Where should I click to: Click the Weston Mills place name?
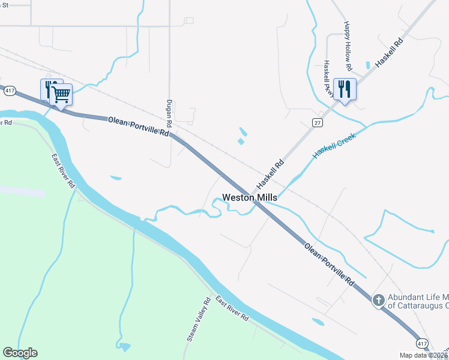[250, 197]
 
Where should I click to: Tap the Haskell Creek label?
[334, 146]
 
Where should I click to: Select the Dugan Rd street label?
[169, 113]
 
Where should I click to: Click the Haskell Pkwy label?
[327, 76]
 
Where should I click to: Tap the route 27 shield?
[316, 122]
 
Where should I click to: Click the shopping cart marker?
[61, 94]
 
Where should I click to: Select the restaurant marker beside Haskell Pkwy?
[344, 89]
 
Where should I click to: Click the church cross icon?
[379, 299]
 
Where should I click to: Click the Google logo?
[20, 352]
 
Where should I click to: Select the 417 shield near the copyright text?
[423, 343]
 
